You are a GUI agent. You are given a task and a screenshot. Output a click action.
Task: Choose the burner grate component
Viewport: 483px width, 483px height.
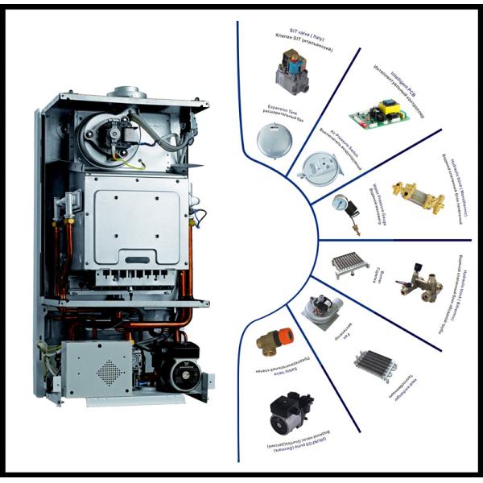click(x=352, y=264)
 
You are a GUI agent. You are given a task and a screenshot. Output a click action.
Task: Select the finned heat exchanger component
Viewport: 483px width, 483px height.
click(x=375, y=363)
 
